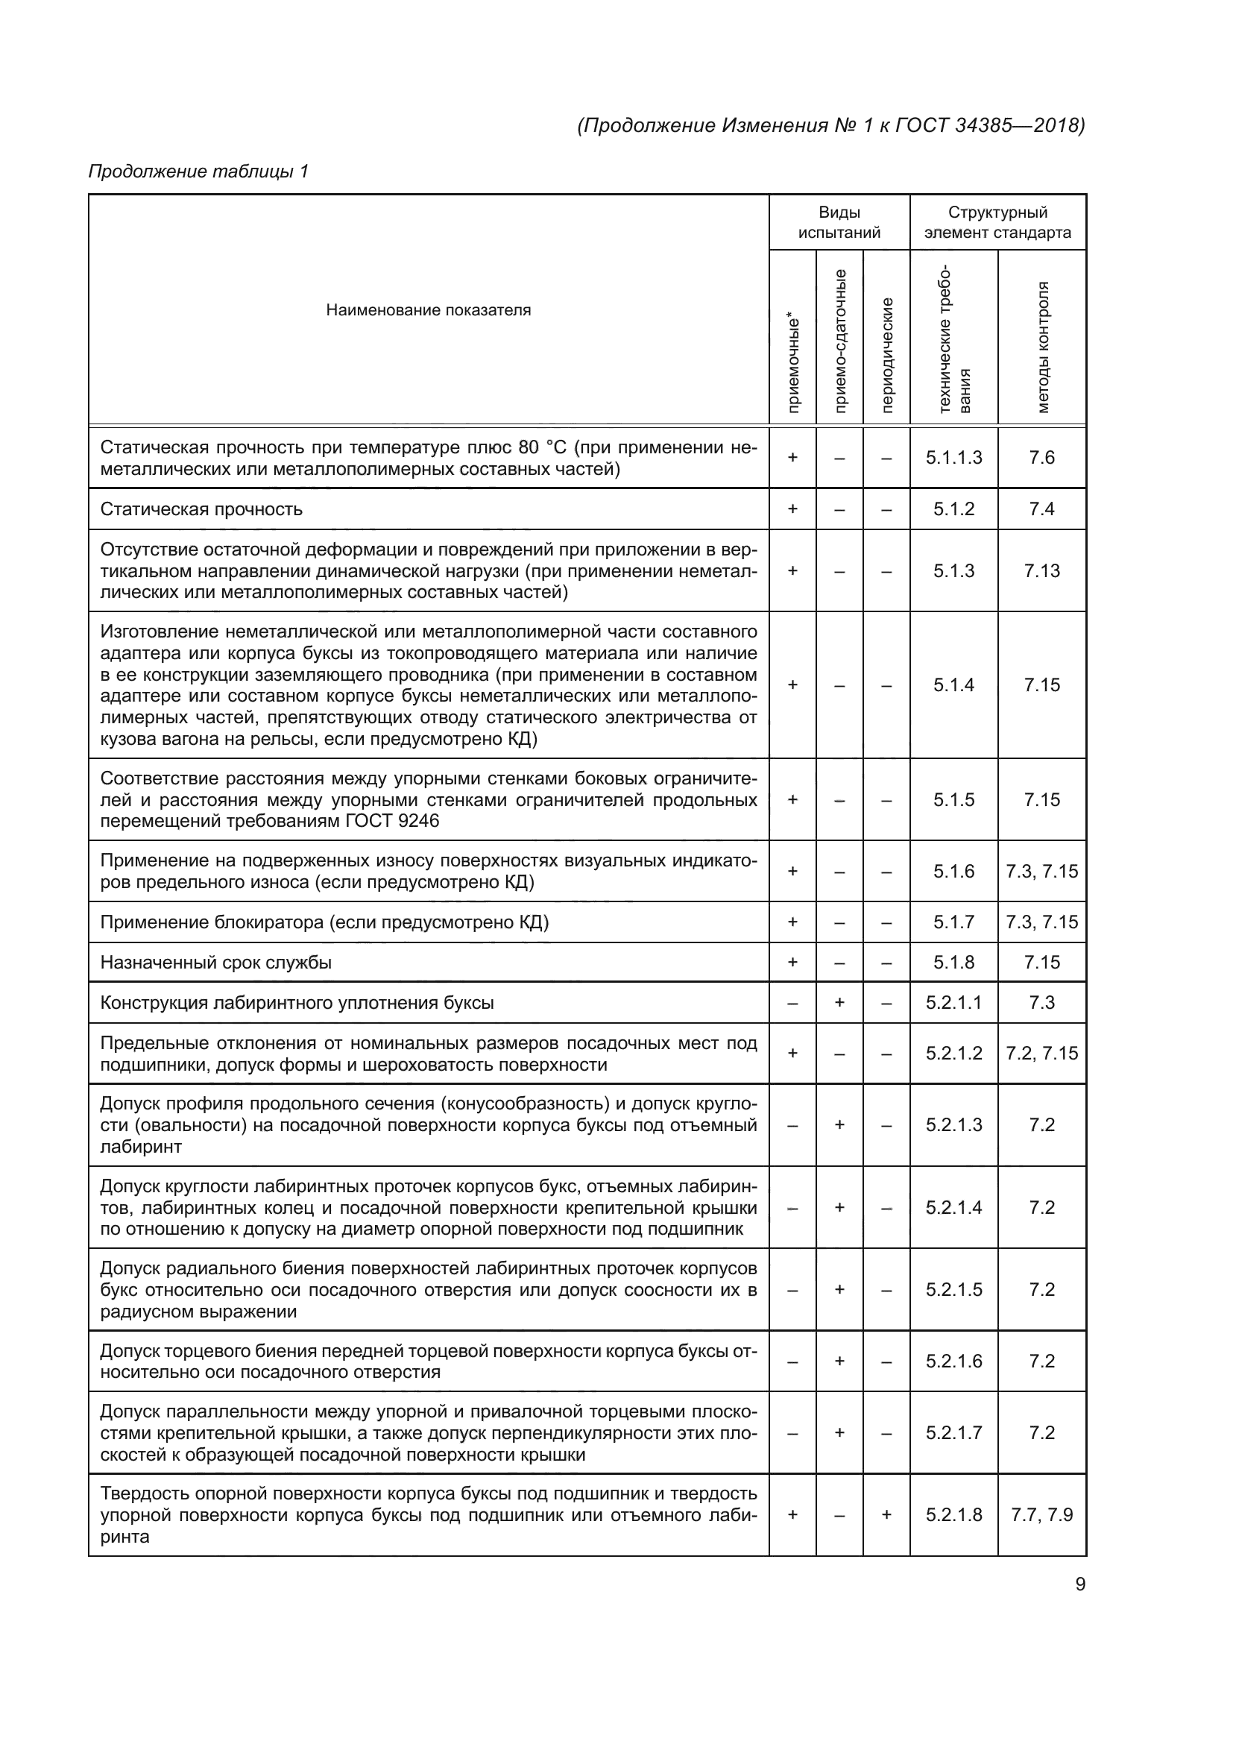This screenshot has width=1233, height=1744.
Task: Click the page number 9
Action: click(x=1079, y=1584)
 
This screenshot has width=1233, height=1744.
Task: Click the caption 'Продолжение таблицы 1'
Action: click(x=198, y=171)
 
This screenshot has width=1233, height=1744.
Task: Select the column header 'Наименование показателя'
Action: click(x=428, y=310)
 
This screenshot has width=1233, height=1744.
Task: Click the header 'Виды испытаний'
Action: click(x=839, y=222)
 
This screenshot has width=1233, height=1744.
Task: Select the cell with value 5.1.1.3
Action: click(x=953, y=457)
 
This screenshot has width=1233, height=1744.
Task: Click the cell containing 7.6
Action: click(x=1041, y=457)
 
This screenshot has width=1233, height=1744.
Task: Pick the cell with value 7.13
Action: click(x=1041, y=570)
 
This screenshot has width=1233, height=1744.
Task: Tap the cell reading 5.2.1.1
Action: click(x=953, y=1003)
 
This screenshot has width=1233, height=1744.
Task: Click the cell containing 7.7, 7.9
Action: click(x=1041, y=1514)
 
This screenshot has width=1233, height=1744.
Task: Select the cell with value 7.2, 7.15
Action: click(x=1041, y=1053)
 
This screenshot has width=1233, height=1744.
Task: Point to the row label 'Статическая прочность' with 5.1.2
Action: click(x=201, y=509)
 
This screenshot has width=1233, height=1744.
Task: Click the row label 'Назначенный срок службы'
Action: click(x=215, y=963)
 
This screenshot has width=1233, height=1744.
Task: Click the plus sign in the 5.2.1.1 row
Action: click(x=839, y=1003)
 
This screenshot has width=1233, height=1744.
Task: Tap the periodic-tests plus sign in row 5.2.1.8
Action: click(x=887, y=1514)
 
